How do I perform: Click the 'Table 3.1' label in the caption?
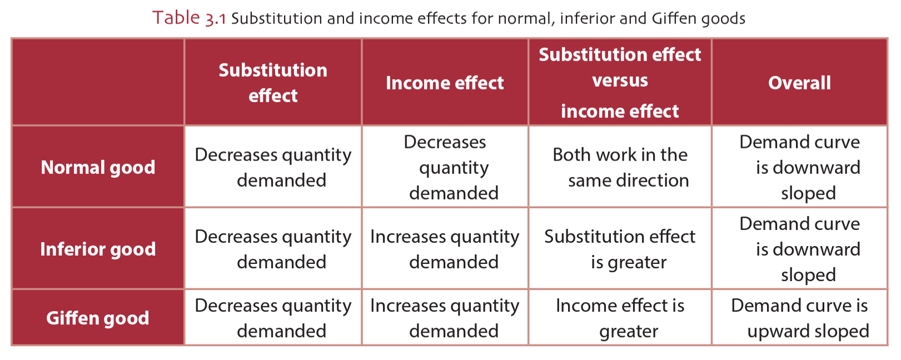pyautogui.click(x=188, y=18)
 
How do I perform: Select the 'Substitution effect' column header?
pyautogui.click(x=273, y=83)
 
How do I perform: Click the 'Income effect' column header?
pyautogui.click(x=445, y=83)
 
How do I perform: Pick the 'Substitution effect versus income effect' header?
pyautogui.click(x=620, y=83)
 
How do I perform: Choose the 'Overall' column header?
pyautogui.click(x=799, y=83)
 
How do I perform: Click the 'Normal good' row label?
pyautogui.click(x=98, y=167)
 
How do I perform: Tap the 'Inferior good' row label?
pyautogui.click(x=98, y=249)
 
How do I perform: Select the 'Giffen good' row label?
pyautogui.click(x=98, y=318)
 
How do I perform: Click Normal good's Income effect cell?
pyautogui.click(x=445, y=167)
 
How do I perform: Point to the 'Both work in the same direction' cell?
pyautogui.click(x=620, y=167)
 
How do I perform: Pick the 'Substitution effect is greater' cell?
pyautogui.click(x=620, y=249)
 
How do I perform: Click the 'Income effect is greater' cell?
pyautogui.click(x=620, y=318)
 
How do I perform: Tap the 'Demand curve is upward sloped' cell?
pyautogui.click(x=799, y=318)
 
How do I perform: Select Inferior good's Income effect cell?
pyautogui.click(x=445, y=249)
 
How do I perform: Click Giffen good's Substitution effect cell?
pyautogui.click(x=273, y=318)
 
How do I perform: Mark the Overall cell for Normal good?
pyautogui.click(x=799, y=167)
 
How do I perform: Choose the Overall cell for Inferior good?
pyautogui.click(x=799, y=249)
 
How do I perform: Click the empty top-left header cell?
pyautogui.click(x=98, y=82)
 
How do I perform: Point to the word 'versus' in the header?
pyautogui.click(x=620, y=81)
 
